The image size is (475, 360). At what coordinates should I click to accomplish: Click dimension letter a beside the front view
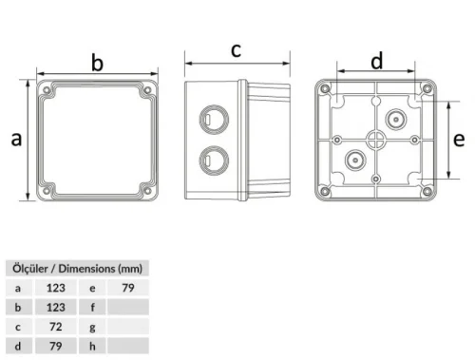(16, 140)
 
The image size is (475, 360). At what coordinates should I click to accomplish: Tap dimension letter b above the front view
(96, 64)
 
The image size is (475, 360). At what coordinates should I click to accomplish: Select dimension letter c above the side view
(237, 49)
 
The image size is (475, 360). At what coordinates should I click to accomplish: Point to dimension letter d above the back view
(377, 62)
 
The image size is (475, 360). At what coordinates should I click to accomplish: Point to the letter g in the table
(92, 327)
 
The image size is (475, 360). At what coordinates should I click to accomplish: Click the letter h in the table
(92, 347)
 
